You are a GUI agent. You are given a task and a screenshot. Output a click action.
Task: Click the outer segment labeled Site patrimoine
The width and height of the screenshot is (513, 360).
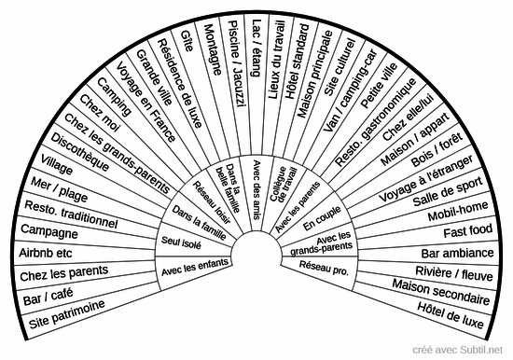pos(67,322)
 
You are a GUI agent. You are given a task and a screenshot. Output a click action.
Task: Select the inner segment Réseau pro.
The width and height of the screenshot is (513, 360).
pos(323,268)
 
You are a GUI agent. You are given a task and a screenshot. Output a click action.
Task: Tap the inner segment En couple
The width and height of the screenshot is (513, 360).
pos(317,223)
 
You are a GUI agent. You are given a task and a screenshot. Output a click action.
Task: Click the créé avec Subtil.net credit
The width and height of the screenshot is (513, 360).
pos(463,348)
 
